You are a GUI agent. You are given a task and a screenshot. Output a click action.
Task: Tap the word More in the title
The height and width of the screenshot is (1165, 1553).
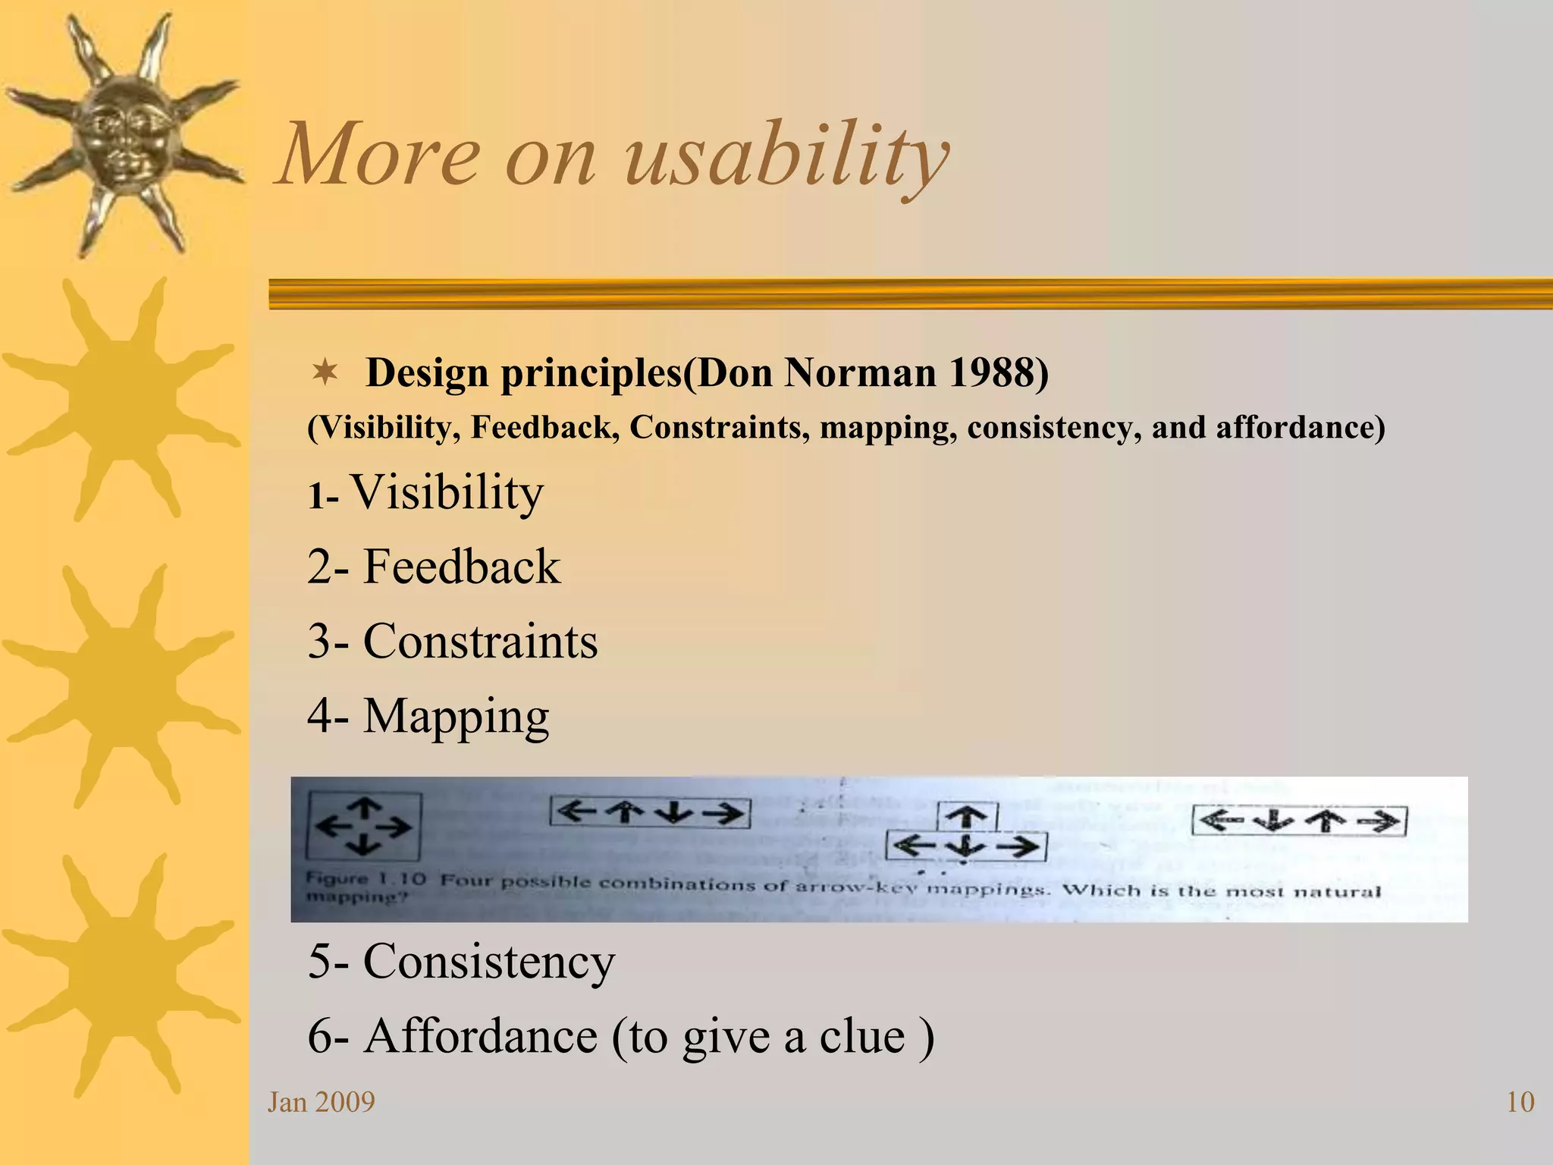(379, 155)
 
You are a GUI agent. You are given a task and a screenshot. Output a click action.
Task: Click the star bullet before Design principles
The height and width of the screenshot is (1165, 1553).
(325, 372)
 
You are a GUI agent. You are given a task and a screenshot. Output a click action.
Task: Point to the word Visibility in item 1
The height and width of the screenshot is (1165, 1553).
(447, 493)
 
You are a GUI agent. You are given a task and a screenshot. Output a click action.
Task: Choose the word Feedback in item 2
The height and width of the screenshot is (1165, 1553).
(461, 567)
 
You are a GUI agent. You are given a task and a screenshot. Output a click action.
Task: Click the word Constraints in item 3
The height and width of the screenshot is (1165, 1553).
(480, 642)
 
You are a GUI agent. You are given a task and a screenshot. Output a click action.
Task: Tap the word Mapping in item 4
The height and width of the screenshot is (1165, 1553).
(456, 717)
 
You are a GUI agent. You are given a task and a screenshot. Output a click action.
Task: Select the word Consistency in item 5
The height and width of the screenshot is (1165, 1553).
(488, 962)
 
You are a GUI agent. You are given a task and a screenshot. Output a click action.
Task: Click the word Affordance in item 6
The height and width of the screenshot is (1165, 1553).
(480, 1036)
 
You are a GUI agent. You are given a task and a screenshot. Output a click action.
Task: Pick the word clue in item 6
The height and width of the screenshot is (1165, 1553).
(862, 1036)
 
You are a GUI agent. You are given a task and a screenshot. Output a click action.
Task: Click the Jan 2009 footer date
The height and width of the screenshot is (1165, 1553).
(321, 1102)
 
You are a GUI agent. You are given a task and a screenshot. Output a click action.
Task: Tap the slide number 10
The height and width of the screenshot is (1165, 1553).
(1520, 1102)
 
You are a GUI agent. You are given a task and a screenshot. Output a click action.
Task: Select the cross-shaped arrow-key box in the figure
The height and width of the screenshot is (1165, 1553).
(364, 827)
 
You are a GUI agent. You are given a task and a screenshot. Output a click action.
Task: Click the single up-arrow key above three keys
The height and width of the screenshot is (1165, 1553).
(966, 817)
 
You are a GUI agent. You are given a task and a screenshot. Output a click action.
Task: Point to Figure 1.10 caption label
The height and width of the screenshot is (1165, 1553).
(366, 880)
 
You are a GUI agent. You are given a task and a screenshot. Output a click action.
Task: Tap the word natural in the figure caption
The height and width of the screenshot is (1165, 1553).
(1336, 892)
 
